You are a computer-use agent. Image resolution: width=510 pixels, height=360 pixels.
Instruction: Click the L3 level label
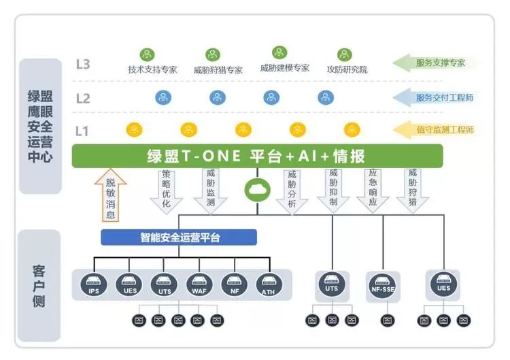tap(83, 65)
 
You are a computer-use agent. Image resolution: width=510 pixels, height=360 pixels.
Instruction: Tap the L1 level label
tap(82, 130)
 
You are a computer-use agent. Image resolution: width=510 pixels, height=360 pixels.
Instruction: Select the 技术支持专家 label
tap(152, 69)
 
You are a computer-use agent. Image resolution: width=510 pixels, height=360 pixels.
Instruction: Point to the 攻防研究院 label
tap(347, 69)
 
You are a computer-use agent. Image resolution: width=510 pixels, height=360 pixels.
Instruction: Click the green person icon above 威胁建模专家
tap(279, 52)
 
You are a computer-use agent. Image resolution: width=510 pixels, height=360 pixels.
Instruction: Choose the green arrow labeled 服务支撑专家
tap(439, 63)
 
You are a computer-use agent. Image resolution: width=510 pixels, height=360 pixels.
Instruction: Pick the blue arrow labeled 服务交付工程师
tap(439, 97)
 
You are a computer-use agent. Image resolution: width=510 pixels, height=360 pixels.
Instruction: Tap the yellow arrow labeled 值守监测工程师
tap(439, 129)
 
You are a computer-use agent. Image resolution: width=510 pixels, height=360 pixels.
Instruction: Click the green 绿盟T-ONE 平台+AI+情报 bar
tap(257, 156)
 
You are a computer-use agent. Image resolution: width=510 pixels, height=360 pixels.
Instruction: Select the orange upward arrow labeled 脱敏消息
tap(110, 197)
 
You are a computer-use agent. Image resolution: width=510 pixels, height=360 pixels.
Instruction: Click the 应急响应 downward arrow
tap(372, 191)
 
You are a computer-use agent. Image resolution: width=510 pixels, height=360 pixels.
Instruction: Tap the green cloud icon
tap(257, 188)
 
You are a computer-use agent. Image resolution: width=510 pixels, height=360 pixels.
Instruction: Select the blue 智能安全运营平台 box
tap(179, 238)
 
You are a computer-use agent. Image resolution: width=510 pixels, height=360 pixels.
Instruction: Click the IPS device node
tap(94, 284)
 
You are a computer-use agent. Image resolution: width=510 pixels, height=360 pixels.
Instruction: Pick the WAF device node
tap(199, 284)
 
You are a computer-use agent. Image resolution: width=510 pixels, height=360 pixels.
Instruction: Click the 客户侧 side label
tap(39, 284)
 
